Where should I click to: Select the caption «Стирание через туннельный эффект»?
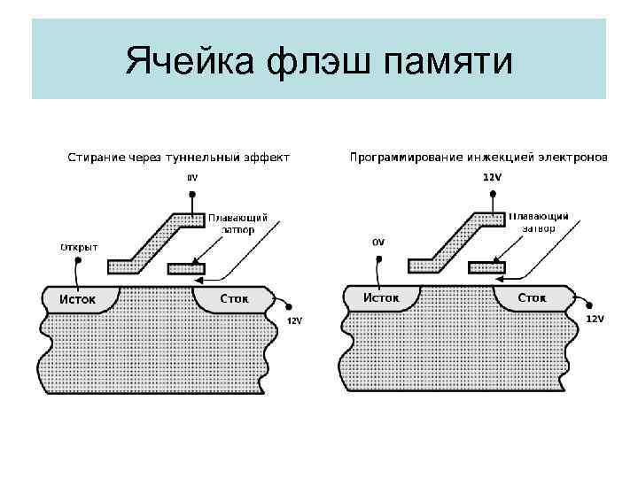click(179, 158)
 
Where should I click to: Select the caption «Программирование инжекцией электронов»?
click(478, 158)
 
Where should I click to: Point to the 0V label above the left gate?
click(192, 178)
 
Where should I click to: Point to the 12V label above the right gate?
click(492, 177)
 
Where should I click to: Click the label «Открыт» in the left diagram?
click(79, 247)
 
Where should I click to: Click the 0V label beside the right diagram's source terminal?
click(378, 242)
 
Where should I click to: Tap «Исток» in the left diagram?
click(78, 298)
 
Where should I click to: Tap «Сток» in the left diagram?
click(235, 299)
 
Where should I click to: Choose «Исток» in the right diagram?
click(382, 297)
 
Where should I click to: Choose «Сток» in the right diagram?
click(533, 297)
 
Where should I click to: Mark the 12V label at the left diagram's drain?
click(295, 321)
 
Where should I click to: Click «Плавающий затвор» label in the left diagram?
click(237, 223)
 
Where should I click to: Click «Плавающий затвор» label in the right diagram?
click(539, 221)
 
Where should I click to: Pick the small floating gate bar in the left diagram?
click(186, 266)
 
